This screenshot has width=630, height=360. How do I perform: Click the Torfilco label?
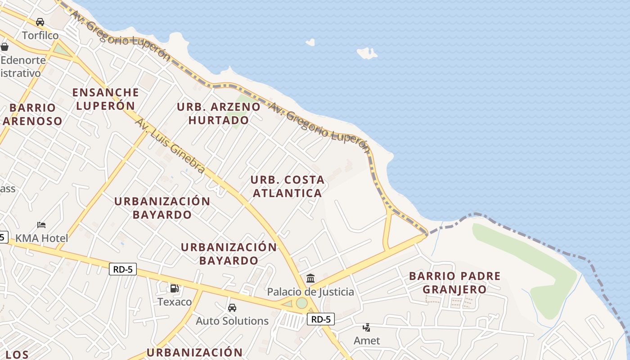click(40, 35)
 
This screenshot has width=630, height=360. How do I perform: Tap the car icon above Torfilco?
click(40, 22)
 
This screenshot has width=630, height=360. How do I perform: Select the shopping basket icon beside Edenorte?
click(4, 46)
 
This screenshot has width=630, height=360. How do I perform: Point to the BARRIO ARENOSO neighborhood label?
click(32, 114)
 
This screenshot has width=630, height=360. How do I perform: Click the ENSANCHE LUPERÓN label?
click(106, 99)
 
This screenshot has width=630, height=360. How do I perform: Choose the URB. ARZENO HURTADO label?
click(219, 113)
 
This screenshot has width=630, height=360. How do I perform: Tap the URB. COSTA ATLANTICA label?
click(287, 186)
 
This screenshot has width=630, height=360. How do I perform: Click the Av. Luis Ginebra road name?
click(170, 146)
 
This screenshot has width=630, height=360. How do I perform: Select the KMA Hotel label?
click(42, 238)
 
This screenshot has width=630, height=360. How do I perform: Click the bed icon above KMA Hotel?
click(41, 225)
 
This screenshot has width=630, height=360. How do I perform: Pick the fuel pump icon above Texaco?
click(174, 288)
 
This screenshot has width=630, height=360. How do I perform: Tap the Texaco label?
click(175, 301)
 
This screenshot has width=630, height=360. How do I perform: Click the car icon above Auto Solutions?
click(232, 308)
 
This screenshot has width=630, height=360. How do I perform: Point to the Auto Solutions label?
click(232, 321)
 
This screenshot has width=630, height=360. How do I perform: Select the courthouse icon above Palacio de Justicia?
click(310, 278)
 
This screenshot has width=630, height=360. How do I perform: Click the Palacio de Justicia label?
click(310, 292)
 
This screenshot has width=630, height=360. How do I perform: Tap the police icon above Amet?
click(367, 327)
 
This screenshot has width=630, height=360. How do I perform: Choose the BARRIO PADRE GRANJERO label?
click(454, 282)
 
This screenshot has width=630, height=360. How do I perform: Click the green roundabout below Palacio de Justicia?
click(301, 303)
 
